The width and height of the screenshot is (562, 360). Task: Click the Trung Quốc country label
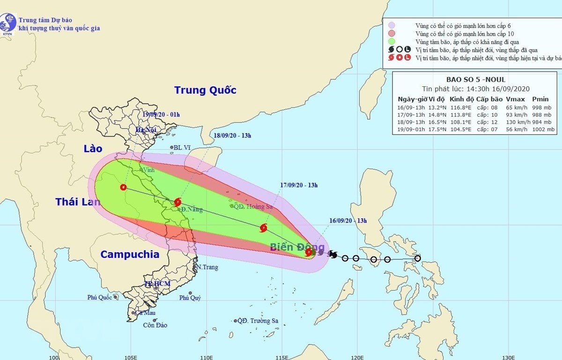205,90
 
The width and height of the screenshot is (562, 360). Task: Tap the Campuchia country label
130,255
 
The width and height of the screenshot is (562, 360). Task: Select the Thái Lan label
78,202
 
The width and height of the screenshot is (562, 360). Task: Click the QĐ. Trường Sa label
258,321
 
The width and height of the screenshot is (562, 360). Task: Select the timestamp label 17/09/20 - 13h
299,185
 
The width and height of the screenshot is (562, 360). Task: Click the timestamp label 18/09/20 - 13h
233,136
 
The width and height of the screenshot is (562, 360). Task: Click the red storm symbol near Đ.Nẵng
177,202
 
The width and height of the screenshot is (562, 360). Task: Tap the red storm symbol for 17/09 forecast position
263,228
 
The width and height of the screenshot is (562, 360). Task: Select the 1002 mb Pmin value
543,129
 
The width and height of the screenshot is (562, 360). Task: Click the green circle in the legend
392,42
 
